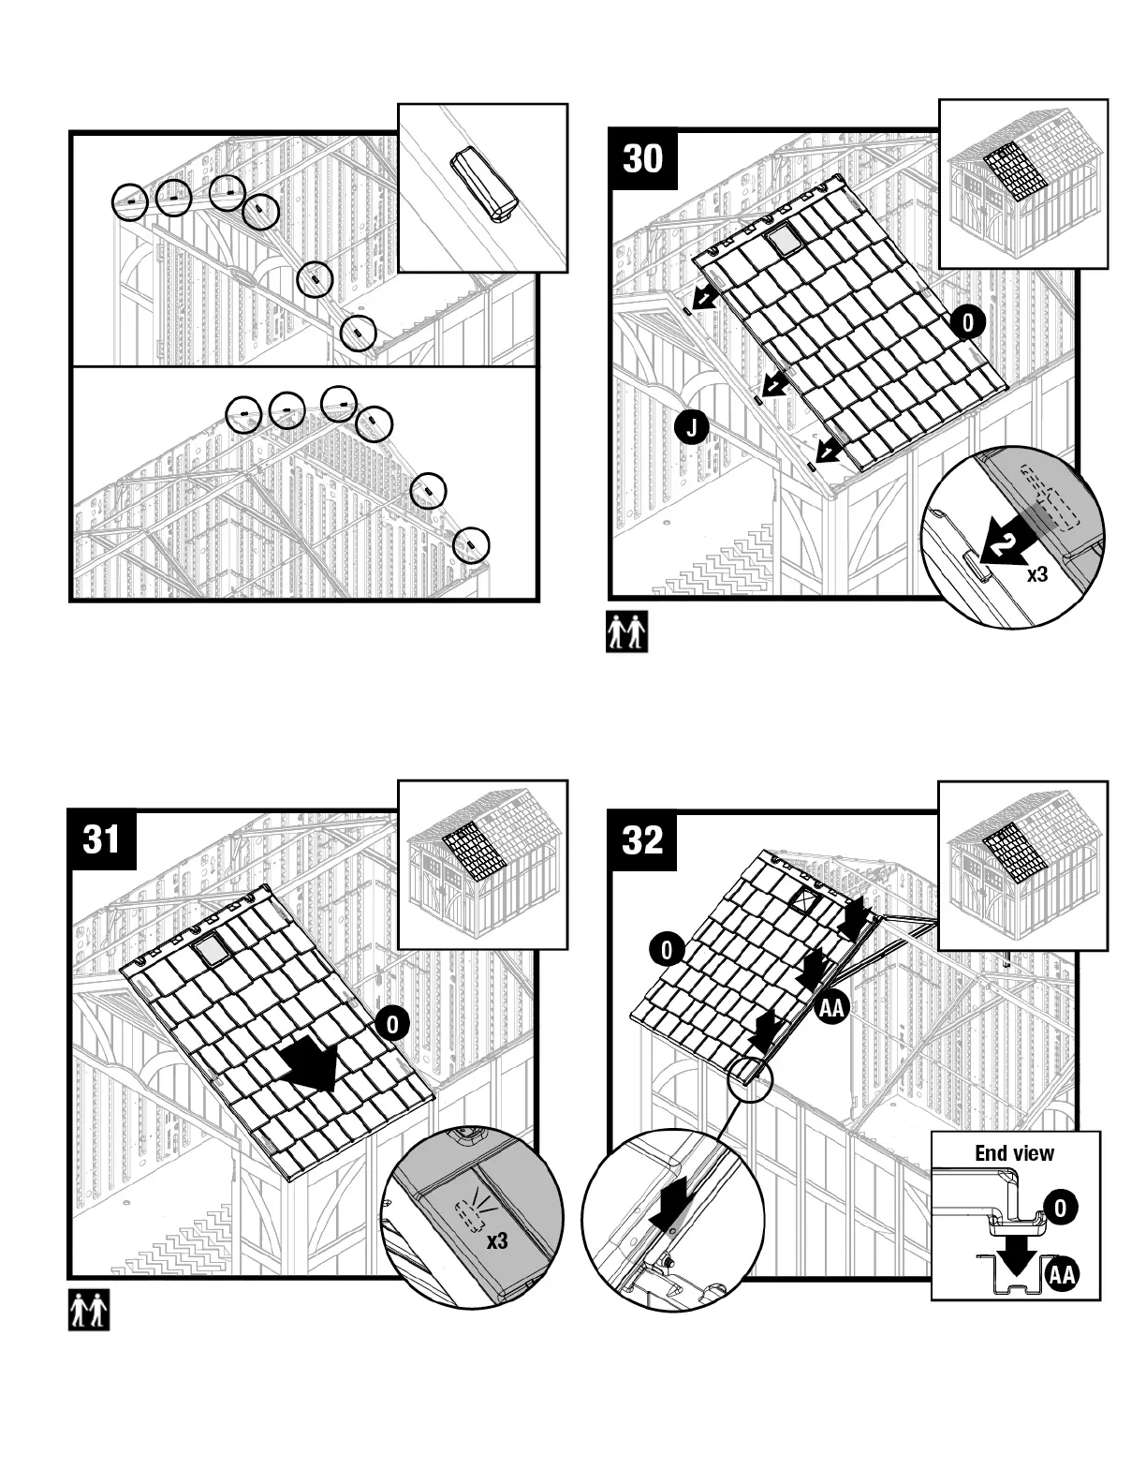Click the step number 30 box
tap(643, 159)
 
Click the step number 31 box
tap(102, 838)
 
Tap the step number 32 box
tap(643, 838)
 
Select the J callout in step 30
tap(691, 428)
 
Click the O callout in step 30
tap(968, 322)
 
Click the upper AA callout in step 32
tap(830, 1008)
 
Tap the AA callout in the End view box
tap(1061, 1275)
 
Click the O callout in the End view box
tap(1059, 1208)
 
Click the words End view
tap(1014, 1153)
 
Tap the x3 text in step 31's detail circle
tap(496, 1241)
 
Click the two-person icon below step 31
tap(89, 1310)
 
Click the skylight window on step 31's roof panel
tap(211, 951)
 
